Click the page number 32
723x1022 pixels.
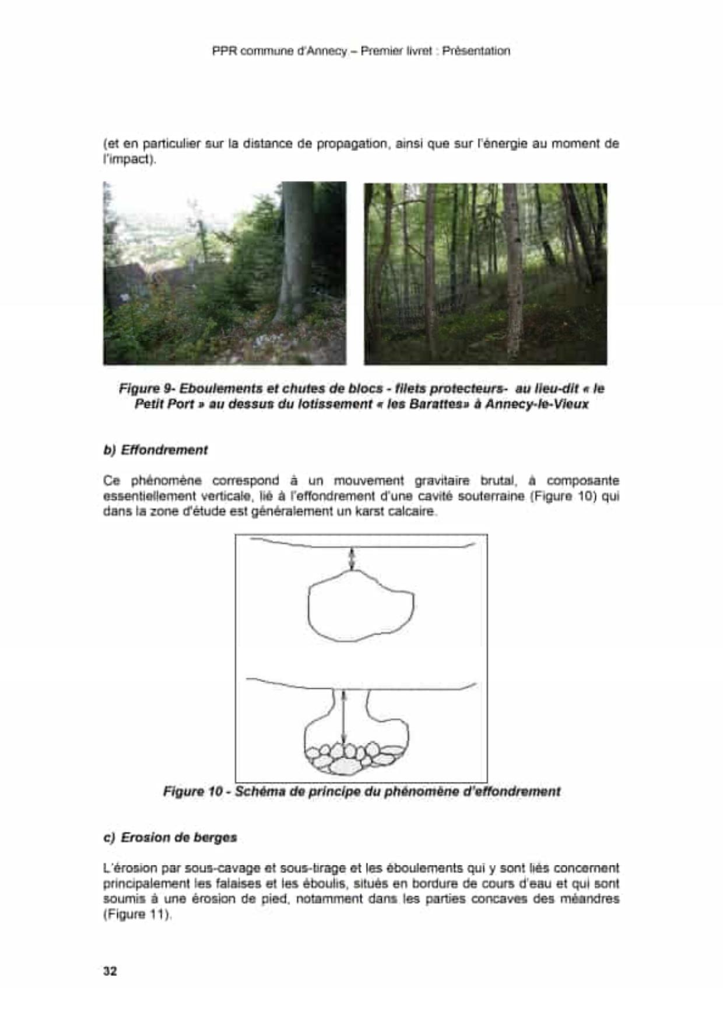tap(110, 971)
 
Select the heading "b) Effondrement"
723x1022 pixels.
tap(155, 450)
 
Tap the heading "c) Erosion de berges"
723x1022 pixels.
tap(170, 837)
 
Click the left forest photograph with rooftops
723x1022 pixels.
tap(224, 273)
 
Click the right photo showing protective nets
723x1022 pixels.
tap(485, 273)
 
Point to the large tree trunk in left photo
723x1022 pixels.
tap(297, 251)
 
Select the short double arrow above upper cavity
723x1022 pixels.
tap(352, 559)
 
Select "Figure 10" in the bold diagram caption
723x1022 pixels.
tap(193, 791)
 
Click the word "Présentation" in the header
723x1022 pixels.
tap(476, 51)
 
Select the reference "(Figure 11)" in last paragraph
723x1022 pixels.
tap(138, 914)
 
